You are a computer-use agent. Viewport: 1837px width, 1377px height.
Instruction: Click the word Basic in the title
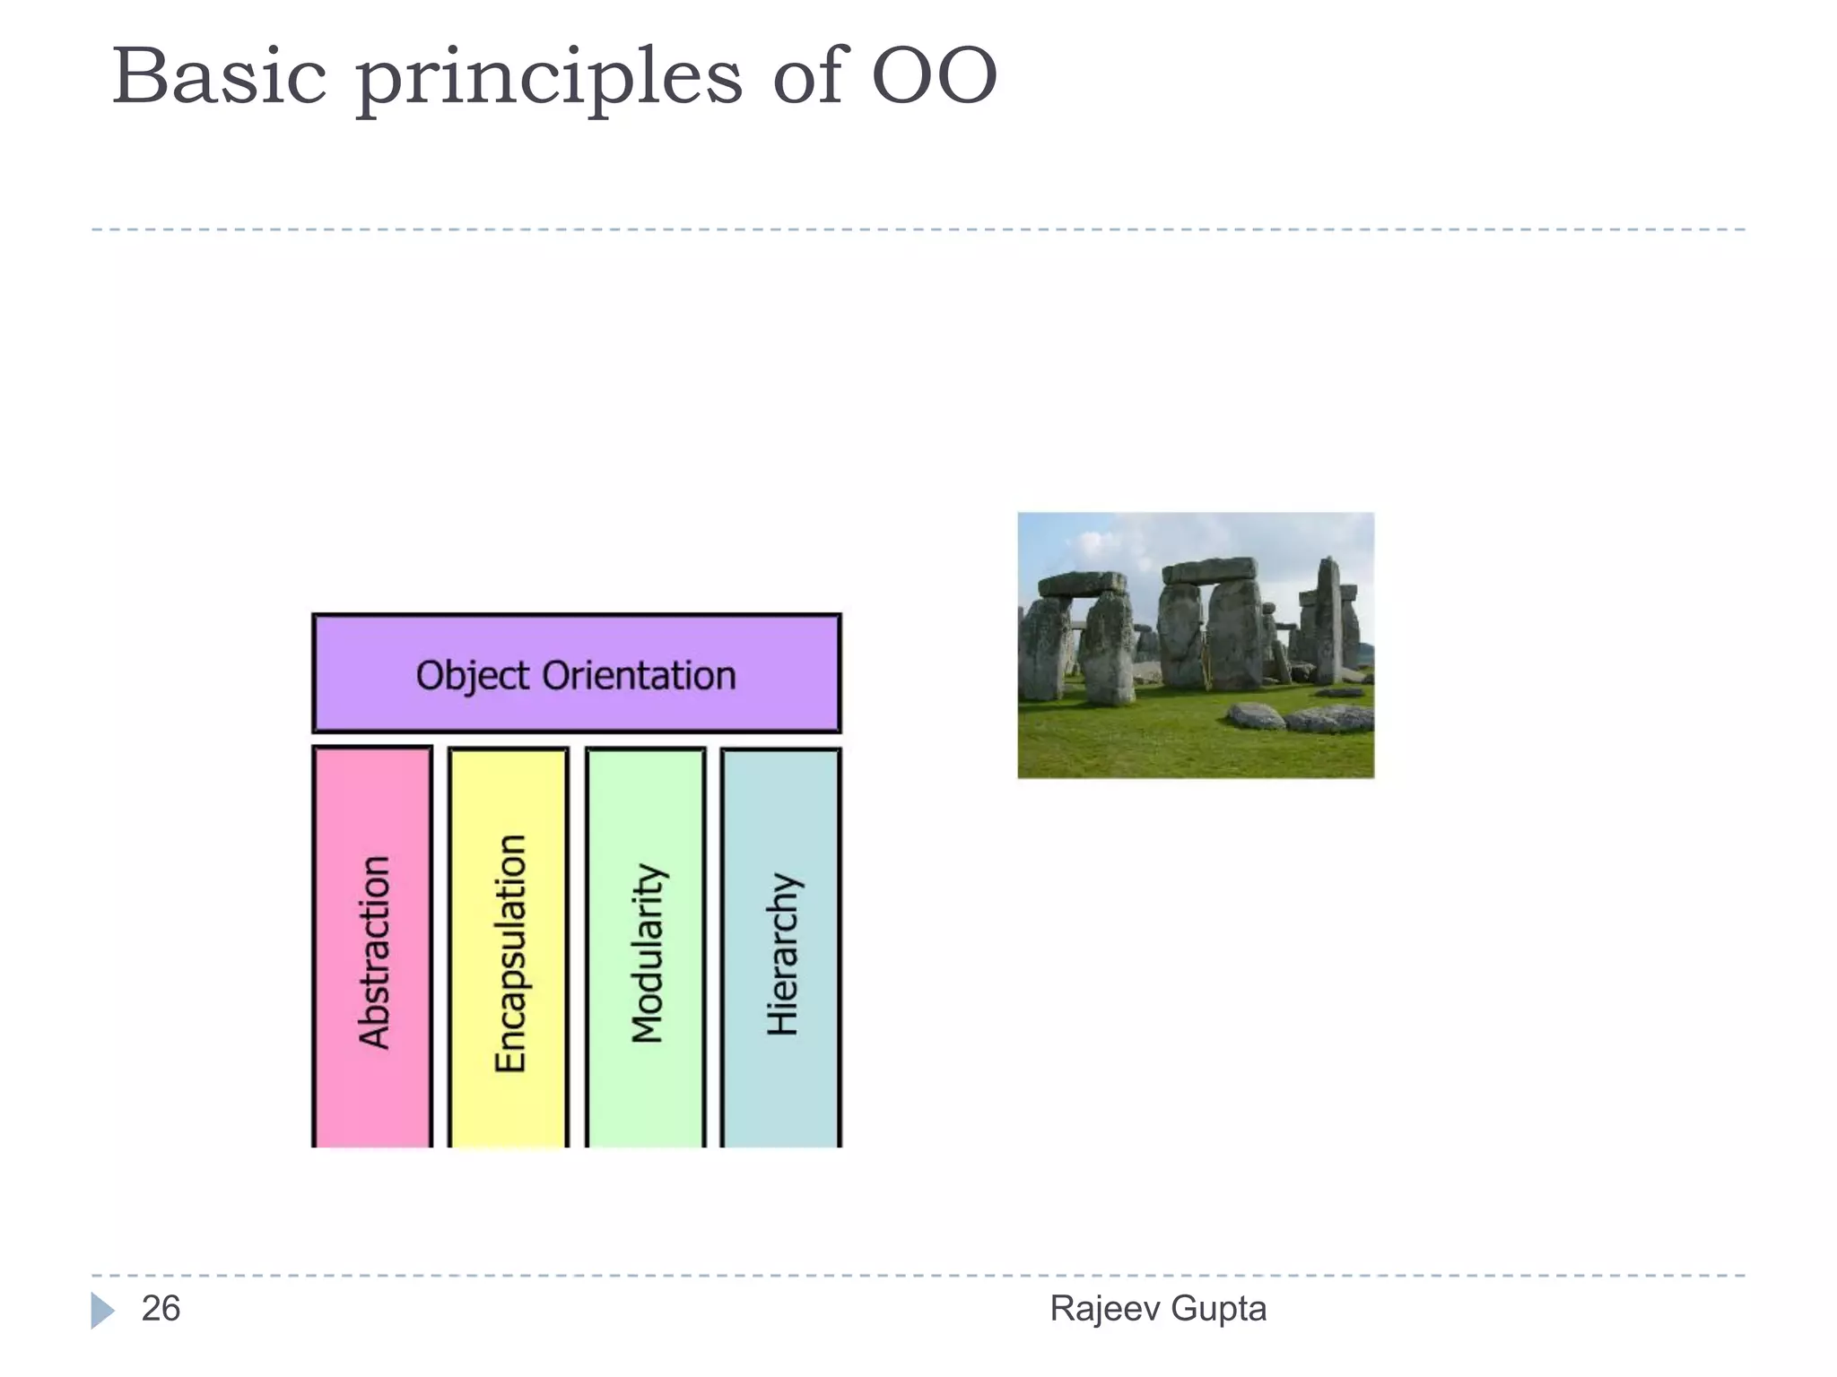(x=219, y=77)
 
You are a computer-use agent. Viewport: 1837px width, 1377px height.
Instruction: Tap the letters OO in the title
(x=934, y=77)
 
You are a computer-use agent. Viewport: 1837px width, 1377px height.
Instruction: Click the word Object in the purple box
(x=473, y=676)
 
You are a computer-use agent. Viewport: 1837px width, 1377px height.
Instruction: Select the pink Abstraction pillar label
(x=374, y=952)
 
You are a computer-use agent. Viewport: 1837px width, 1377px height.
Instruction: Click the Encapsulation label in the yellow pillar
(x=509, y=954)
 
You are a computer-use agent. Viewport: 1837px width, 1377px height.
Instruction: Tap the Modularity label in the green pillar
(x=646, y=954)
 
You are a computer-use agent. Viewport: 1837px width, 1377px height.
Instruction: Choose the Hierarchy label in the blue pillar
(x=782, y=954)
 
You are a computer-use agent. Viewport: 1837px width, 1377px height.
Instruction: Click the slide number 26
(x=161, y=1309)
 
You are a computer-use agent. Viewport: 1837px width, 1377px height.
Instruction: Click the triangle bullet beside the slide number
(x=102, y=1310)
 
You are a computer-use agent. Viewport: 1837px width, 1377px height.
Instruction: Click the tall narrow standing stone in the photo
(x=1328, y=619)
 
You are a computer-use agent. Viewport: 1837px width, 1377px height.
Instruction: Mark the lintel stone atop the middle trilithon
(x=1209, y=570)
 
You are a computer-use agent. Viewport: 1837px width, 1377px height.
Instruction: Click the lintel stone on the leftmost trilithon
(x=1082, y=585)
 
